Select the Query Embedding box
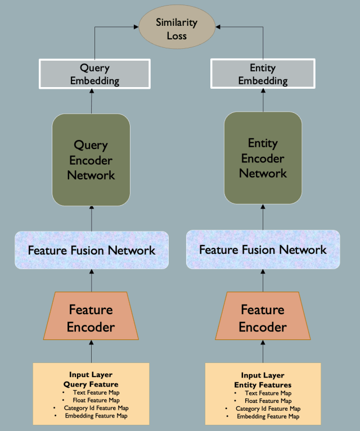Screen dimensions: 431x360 click(x=94, y=74)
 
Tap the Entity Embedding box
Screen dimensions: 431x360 click(x=263, y=74)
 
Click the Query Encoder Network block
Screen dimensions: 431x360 click(x=91, y=160)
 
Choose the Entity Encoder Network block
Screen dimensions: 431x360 click(x=263, y=158)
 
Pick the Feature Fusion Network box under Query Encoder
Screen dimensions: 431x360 click(x=92, y=250)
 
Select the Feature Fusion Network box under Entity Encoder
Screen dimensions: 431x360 click(x=263, y=249)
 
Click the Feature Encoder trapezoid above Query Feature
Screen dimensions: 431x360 click(x=91, y=317)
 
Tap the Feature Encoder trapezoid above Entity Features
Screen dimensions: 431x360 click(x=263, y=317)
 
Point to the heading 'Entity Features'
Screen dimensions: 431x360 click(x=263, y=384)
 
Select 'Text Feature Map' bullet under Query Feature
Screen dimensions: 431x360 click(x=94, y=392)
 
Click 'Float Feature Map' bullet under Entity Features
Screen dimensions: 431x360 click(x=265, y=401)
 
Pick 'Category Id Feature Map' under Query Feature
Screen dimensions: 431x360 click(x=94, y=408)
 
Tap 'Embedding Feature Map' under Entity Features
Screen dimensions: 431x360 click(x=265, y=416)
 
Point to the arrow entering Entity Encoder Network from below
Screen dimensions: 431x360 click(x=263, y=217)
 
